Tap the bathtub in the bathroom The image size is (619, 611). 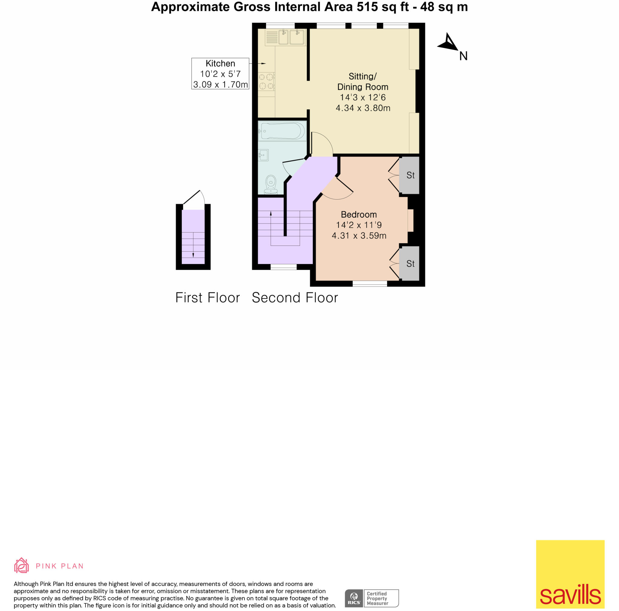tap(282, 131)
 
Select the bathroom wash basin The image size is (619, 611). tap(263, 156)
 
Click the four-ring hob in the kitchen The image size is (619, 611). tap(266, 81)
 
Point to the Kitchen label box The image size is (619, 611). tap(220, 74)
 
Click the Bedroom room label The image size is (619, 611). tap(358, 214)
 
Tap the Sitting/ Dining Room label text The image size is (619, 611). tap(363, 81)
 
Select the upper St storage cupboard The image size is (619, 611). tap(410, 175)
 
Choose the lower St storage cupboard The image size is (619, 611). tap(410, 263)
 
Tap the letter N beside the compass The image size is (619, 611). tap(463, 56)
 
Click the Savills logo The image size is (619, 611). tap(570, 574)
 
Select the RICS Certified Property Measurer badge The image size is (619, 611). tap(372, 598)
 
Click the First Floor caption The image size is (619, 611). tap(208, 297)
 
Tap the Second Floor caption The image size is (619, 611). tap(295, 297)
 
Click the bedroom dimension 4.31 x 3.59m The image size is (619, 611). tap(359, 236)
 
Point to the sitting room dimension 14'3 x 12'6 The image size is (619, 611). tap(363, 97)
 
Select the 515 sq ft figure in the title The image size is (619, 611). tap(383, 7)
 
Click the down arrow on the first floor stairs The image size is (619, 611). tap(193, 255)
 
